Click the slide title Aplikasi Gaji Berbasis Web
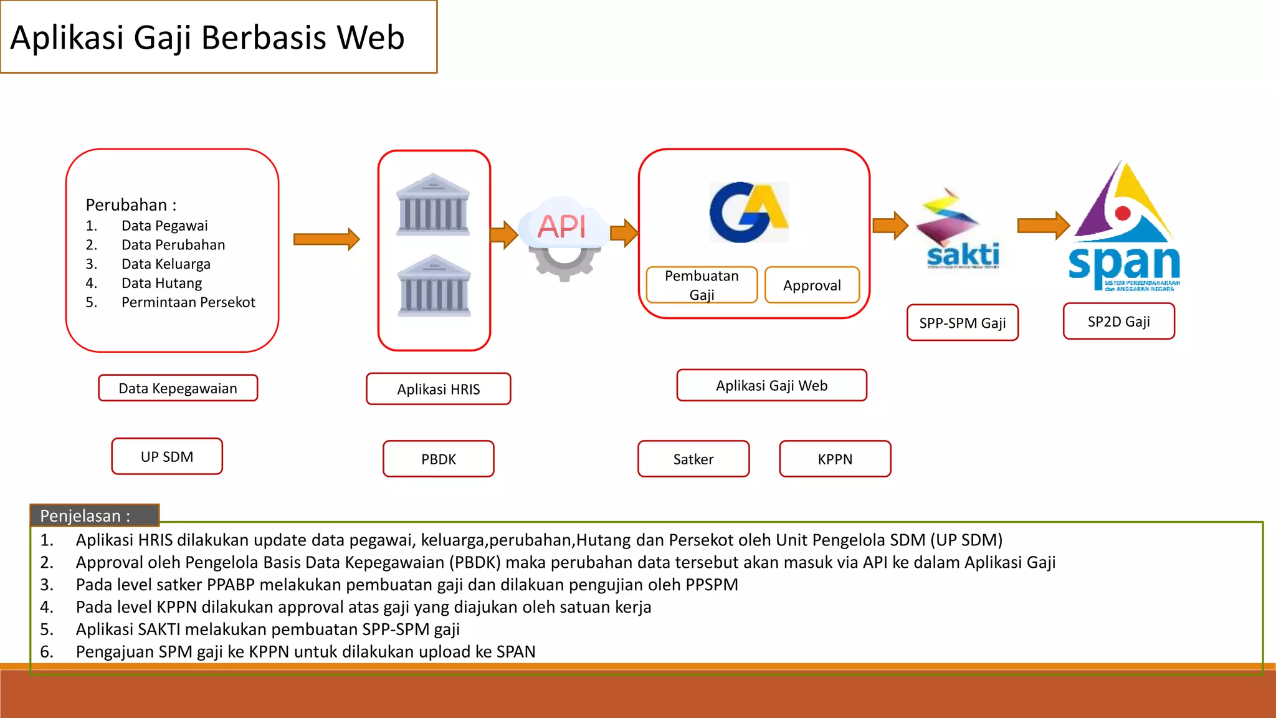(207, 37)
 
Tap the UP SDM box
(167, 457)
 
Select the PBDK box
(439, 459)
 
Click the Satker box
(693, 459)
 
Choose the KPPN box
(835, 459)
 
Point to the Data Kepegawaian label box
(178, 388)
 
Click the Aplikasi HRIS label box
(439, 389)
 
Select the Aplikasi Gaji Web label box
(771, 386)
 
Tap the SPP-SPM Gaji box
(963, 323)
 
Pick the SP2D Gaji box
(1119, 322)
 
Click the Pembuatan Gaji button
(702, 285)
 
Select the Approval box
(812, 285)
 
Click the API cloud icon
(563, 234)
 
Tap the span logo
(1124, 227)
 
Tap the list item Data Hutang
(161, 284)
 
